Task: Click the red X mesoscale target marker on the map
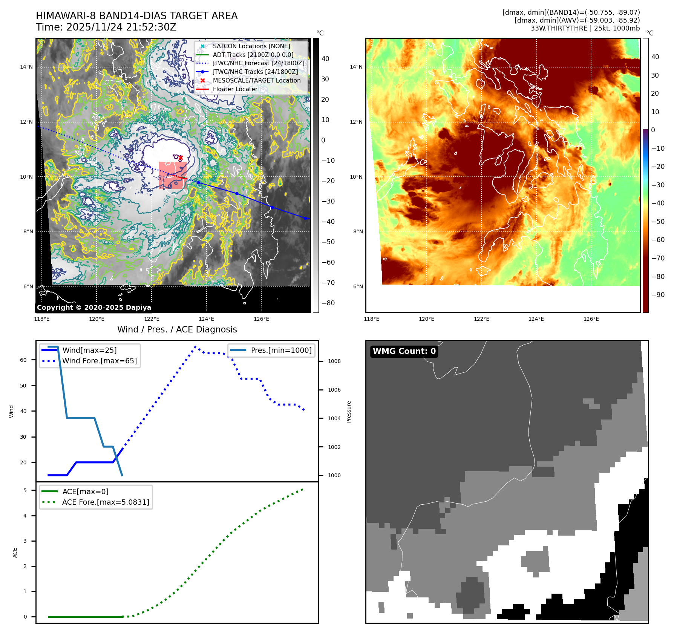click(181, 158)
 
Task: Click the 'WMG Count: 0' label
click(404, 351)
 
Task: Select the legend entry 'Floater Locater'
click(235, 89)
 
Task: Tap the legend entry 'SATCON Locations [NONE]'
click(251, 46)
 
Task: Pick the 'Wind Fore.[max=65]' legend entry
click(100, 361)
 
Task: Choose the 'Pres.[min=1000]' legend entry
click(281, 351)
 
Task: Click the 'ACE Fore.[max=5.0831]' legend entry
click(106, 502)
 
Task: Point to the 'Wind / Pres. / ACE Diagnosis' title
click(177, 330)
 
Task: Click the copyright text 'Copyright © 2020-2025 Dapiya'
click(94, 308)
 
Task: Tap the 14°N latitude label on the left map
click(26, 67)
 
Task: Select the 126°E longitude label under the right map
click(591, 319)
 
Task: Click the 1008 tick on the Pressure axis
click(334, 361)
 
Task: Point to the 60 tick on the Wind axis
click(23, 360)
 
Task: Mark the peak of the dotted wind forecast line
click(195, 346)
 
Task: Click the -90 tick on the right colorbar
click(658, 295)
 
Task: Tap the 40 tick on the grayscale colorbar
click(325, 59)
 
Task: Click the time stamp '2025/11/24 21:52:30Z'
click(121, 28)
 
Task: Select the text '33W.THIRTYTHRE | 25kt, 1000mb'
click(585, 28)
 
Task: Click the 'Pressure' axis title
click(349, 412)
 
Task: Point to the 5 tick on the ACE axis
click(25, 490)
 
